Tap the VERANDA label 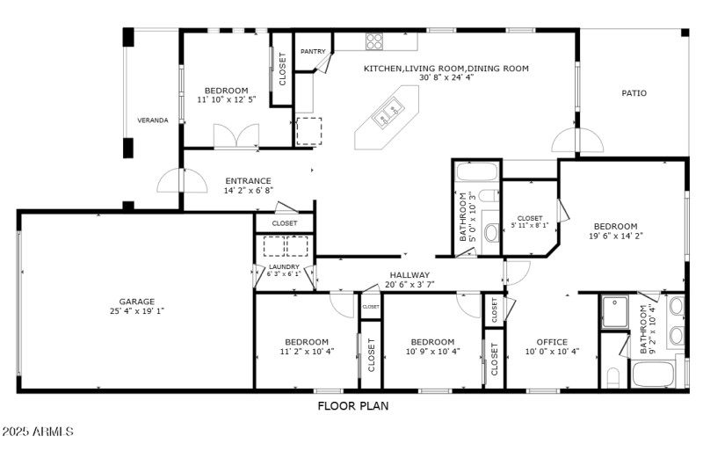(152, 120)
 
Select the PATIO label (634, 92)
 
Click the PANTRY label (313, 52)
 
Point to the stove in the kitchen (374, 40)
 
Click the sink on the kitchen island (388, 111)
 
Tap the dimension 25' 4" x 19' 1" (137, 311)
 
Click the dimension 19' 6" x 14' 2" (615, 236)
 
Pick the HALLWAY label (409, 275)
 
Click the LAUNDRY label (284, 266)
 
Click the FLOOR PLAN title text (352, 406)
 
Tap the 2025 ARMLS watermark (37, 433)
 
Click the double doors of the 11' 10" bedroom (236, 135)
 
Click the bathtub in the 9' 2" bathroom (656, 375)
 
